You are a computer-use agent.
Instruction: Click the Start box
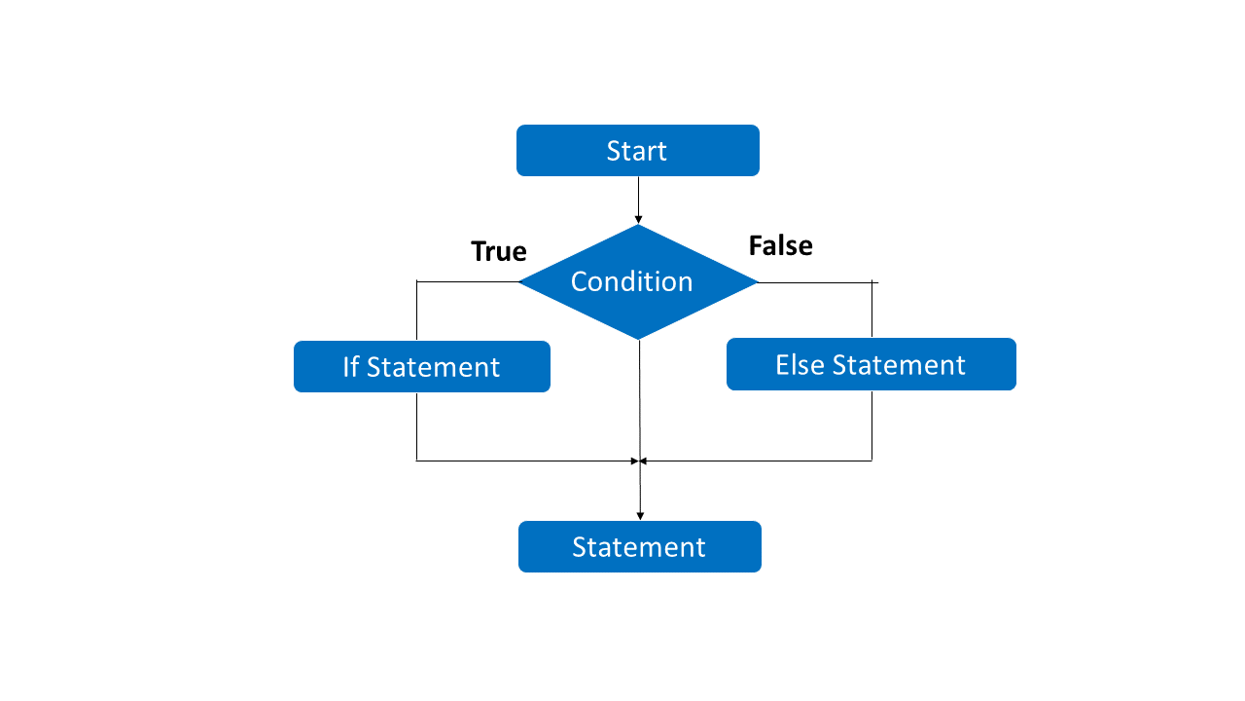637,151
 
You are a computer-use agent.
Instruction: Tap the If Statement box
421,367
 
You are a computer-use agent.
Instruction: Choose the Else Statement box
871,364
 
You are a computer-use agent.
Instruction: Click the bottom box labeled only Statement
639,546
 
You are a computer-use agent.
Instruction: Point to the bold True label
498,251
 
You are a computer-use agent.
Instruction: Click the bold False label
780,245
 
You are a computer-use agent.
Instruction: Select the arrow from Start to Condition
638,199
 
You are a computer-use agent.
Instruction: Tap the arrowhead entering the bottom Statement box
640,515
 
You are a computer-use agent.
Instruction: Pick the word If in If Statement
351,367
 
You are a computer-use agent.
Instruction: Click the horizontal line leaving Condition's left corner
467,282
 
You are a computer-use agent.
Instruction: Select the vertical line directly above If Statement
416,312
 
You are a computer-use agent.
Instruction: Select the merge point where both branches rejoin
640,461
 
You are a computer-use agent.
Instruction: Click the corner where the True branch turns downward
416,282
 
